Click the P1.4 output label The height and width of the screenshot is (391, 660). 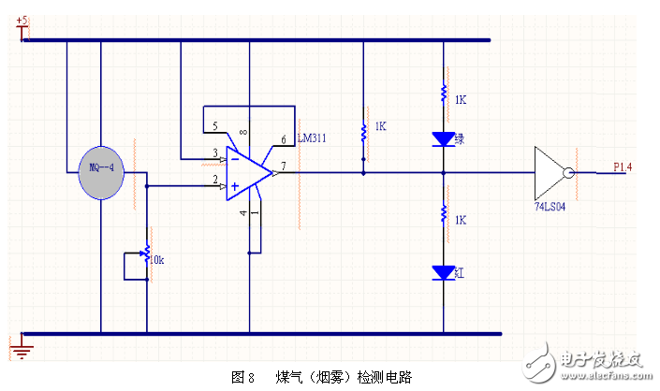tap(623, 167)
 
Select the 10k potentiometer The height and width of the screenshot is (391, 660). tap(146, 254)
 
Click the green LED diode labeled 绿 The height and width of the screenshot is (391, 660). tap(443, 139)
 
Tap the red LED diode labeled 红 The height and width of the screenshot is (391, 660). tap(443, 273)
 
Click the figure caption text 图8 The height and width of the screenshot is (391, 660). tap(242, 376)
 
